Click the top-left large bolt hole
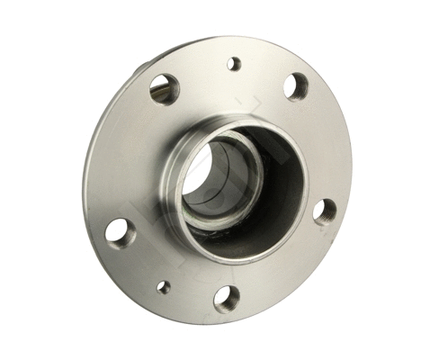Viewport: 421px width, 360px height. click(x=163, y=88)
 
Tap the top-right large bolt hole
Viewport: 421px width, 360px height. click(x=295, y=85)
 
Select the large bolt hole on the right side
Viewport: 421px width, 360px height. click(x=326, y=211)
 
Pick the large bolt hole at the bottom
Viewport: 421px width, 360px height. click(x=227, y=298)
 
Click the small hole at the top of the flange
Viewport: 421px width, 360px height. click(x=234, y=64)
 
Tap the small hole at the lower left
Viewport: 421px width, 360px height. click(x=163, y=288)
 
